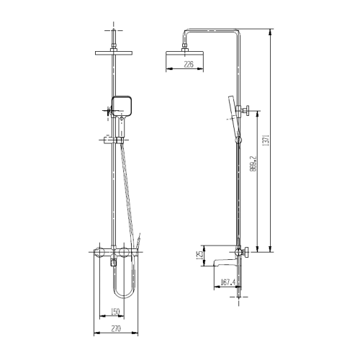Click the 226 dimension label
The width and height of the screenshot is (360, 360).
(x=189, y=64)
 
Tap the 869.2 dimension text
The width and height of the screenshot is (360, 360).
(x=253, y=163)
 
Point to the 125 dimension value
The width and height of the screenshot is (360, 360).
(x=199, y=256)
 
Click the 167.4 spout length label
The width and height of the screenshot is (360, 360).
(x=228, y=282)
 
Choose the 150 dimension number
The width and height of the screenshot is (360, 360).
(x=115, y=312)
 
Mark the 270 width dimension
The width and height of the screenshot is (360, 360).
(x=116, y=328)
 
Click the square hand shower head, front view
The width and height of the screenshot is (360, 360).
(x=122, y=106)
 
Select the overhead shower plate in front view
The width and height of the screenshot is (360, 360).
(x=114, y=53)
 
